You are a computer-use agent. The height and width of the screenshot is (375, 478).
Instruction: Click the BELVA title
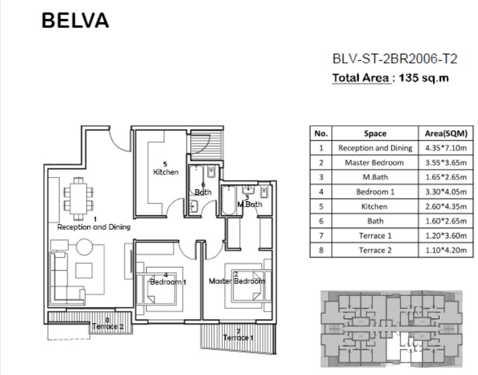click(75, 20)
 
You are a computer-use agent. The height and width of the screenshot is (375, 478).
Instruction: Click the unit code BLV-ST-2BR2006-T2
click(395, 59)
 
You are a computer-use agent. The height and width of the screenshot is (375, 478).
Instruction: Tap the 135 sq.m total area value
click(424, 78)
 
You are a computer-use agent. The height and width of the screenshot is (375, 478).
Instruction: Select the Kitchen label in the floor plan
click(166, 172)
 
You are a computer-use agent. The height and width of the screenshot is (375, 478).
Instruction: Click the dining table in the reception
click(79, 199)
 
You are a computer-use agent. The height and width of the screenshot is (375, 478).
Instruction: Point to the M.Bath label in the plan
click(249, 204)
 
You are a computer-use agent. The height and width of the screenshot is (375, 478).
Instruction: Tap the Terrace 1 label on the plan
click(238, 337)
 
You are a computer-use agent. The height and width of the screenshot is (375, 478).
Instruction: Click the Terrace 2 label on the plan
click(108, 327)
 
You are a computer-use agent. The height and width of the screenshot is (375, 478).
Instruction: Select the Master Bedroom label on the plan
click(237, 281)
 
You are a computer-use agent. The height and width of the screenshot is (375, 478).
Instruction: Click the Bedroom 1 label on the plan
click(168, 282)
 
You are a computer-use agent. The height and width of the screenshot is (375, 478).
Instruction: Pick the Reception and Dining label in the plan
click(94, 227)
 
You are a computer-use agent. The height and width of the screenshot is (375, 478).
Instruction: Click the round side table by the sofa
click(84, 247)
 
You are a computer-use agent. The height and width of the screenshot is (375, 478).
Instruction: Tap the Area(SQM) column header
click(446, 133)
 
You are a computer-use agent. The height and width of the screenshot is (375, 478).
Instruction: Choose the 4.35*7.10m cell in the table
click(446, 148)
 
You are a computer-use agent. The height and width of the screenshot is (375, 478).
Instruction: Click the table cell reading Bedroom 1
click(375, 192)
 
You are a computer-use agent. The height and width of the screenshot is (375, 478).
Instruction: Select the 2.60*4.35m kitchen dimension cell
click(446, 207)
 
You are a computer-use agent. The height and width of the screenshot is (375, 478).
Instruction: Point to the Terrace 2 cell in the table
click(375, 250)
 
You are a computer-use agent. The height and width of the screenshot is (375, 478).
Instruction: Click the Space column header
click(375, 133)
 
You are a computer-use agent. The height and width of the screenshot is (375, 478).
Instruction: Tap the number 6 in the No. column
click(321, 221)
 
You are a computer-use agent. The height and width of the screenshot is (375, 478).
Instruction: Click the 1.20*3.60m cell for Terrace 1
click(446, 236)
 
